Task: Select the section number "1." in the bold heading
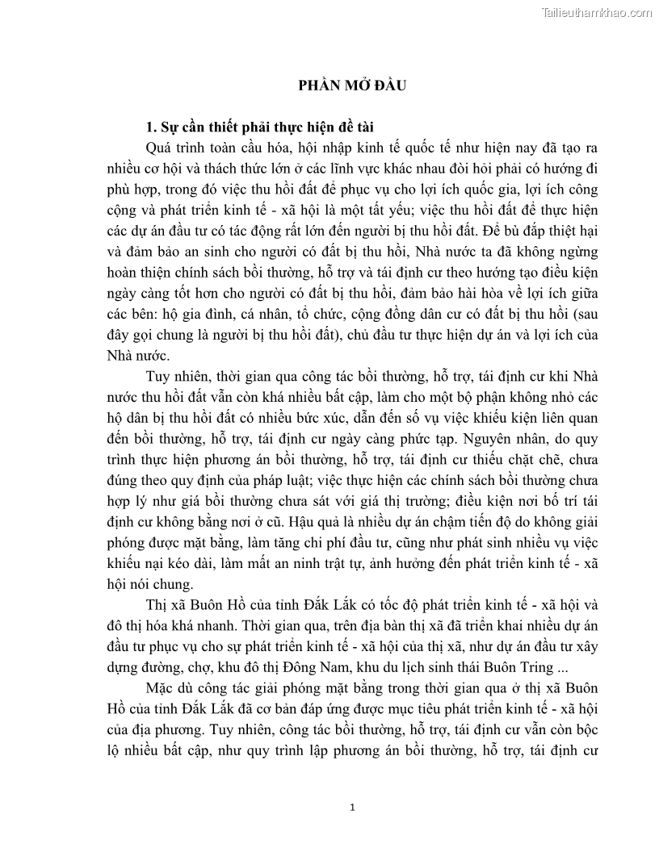(149, 127)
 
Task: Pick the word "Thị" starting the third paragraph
(157, 604)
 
